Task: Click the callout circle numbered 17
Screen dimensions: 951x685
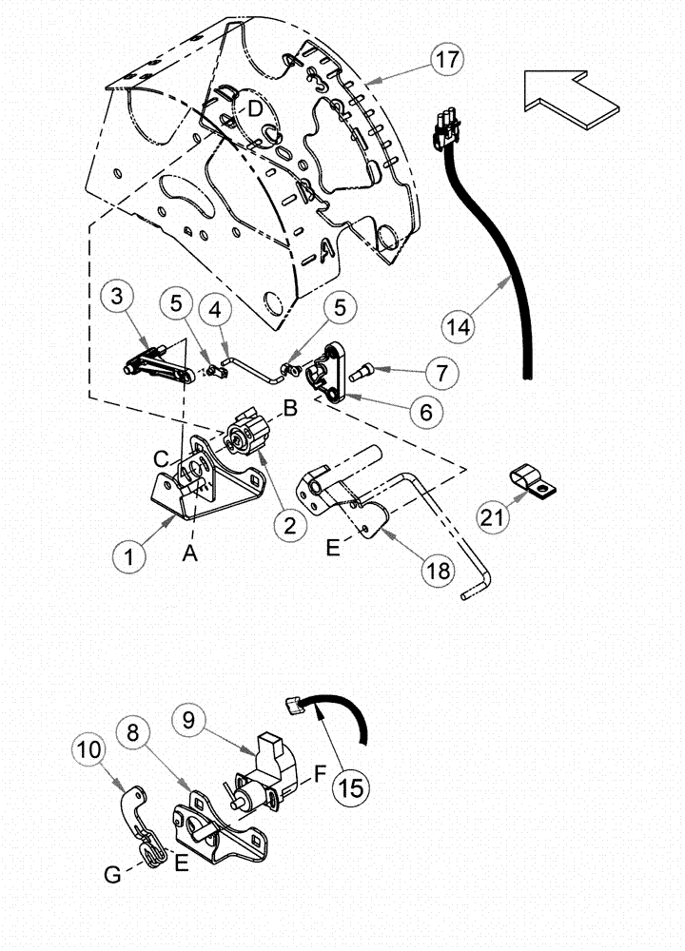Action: coord(445,59)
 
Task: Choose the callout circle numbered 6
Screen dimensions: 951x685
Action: coord(425,412)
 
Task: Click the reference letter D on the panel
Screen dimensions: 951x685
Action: coord(255,109)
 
